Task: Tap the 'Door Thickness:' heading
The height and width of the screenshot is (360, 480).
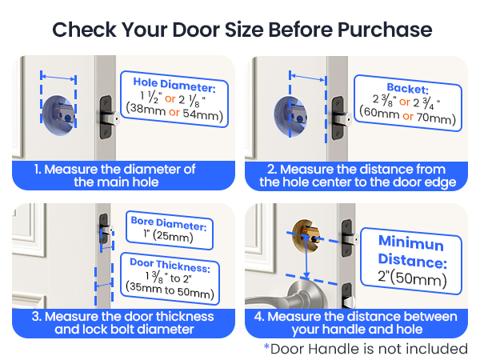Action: pyautogui.click(x=170, y=262)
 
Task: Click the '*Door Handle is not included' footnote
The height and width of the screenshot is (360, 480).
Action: pyautogui.click(x=366, y=349)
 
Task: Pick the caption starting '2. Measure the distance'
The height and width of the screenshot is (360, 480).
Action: pyautogui.click(x=358, y=175)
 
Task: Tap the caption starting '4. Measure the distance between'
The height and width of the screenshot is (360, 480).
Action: pyautogui.click(x=358, y=322)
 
